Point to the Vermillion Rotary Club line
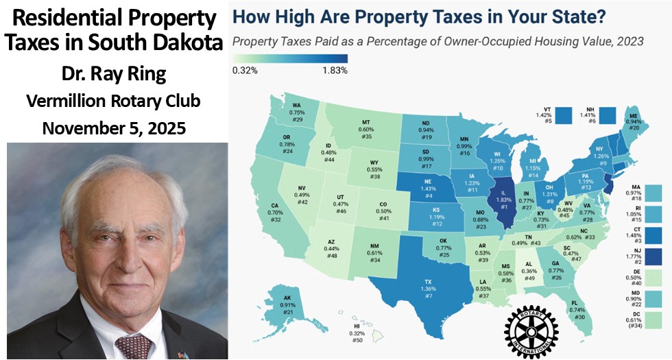114,101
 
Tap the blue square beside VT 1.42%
564,114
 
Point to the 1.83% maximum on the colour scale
335,69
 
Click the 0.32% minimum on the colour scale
245,69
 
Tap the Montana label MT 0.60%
366,129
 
